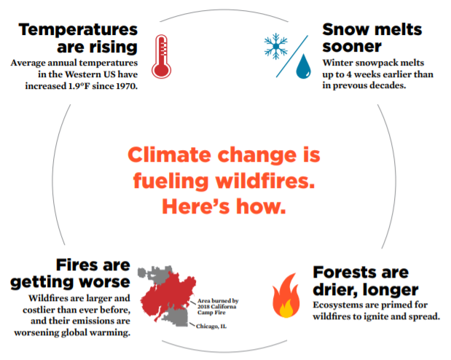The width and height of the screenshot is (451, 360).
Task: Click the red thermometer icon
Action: [161, 56]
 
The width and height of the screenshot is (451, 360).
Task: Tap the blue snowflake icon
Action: [276, 46]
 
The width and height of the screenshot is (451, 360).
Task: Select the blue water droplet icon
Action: [303, 66]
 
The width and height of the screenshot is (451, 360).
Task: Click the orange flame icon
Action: [286, 296]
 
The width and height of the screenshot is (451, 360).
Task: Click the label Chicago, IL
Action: [211, 326]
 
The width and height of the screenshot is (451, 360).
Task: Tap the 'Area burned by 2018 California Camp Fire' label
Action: [218, 307]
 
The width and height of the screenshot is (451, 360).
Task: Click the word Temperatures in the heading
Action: [78, 30]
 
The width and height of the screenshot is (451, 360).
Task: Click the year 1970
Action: [127, 86]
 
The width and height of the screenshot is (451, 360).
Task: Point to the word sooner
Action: [352, 47]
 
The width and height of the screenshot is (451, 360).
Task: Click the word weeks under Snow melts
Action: [366, 74]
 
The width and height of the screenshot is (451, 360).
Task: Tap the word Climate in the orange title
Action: [169, 154]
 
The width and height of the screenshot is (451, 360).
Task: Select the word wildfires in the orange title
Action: [265, 181]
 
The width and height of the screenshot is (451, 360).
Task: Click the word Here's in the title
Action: [196, 206]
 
